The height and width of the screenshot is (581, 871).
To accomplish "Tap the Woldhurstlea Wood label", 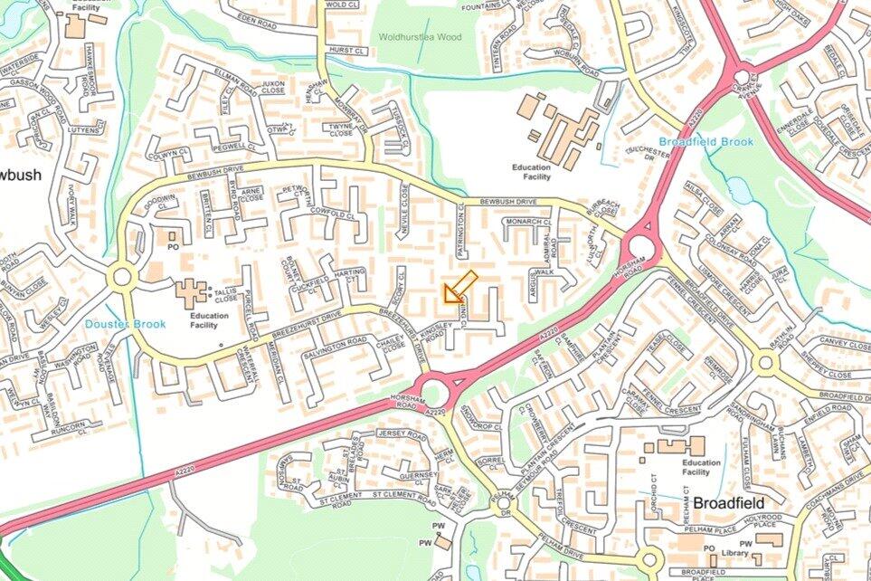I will (421, 36).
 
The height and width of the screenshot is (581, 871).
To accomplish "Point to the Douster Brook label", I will (126, 323).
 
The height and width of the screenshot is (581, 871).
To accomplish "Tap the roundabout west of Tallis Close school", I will (120, 276).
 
